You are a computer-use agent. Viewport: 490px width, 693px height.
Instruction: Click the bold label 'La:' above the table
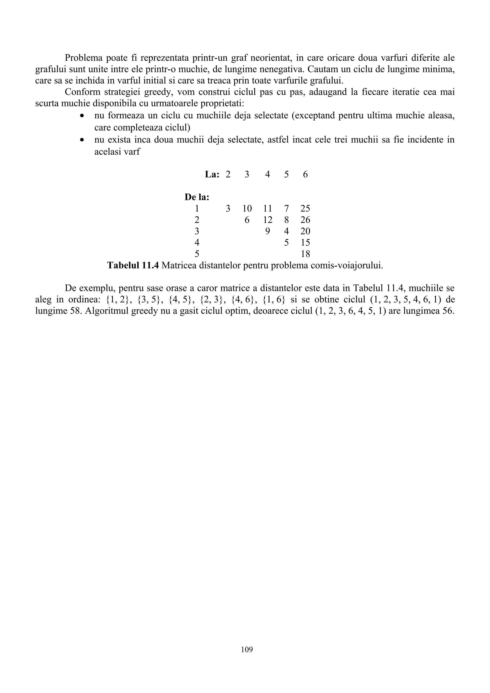tap(212, 175)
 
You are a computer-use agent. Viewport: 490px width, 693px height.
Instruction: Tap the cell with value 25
tap(305, 209)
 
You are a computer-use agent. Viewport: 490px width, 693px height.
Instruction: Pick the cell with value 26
tap(305, 220)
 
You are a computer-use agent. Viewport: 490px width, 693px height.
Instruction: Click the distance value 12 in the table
tap(267, 220)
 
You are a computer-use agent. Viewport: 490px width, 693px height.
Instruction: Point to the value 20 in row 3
tap(305, 231)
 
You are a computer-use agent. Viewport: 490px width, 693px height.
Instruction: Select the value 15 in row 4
tap(305, 243)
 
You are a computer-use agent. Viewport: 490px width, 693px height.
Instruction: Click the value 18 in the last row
tap(305, 254)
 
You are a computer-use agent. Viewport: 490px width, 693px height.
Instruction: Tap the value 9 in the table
tap(267, 231)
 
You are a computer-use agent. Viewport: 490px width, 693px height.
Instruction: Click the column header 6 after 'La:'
tap(305, 175)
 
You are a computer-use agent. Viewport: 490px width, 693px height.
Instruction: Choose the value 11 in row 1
tap(267, 209)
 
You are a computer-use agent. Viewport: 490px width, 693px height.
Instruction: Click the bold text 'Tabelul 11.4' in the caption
tap(133, 266)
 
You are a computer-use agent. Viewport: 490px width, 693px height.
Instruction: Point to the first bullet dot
tap(82, 116)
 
